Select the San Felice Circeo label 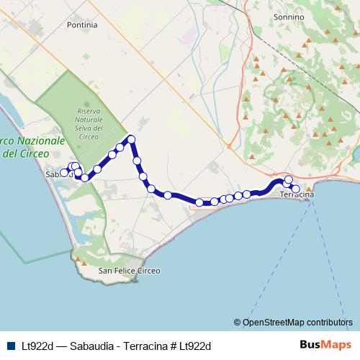129,271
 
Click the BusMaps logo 326,344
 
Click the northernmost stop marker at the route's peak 131,139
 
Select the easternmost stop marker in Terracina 295,189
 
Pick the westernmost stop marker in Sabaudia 63,173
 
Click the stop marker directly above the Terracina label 288,180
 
